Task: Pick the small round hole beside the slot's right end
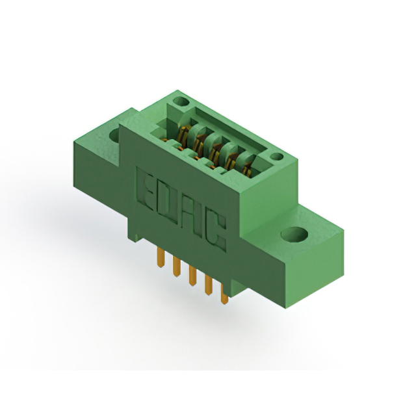point(276,156)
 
